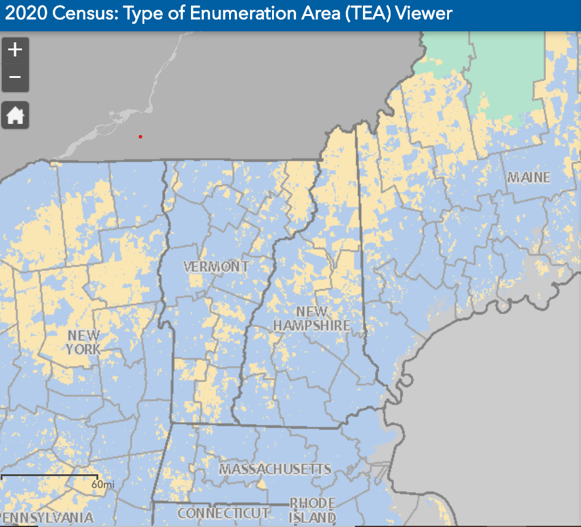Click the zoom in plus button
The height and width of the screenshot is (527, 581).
15,50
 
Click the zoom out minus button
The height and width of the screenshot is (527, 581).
15,78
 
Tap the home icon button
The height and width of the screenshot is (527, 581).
15,115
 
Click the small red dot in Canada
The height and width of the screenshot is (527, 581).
141,136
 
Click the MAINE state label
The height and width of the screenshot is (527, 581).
529,178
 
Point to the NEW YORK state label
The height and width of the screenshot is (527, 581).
84,342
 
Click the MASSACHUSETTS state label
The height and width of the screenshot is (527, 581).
275,469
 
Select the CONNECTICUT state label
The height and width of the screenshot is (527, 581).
224,513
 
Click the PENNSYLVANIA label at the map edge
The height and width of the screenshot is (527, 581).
47,518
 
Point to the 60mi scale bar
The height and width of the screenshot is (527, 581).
49,477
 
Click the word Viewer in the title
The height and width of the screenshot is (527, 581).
424,13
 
